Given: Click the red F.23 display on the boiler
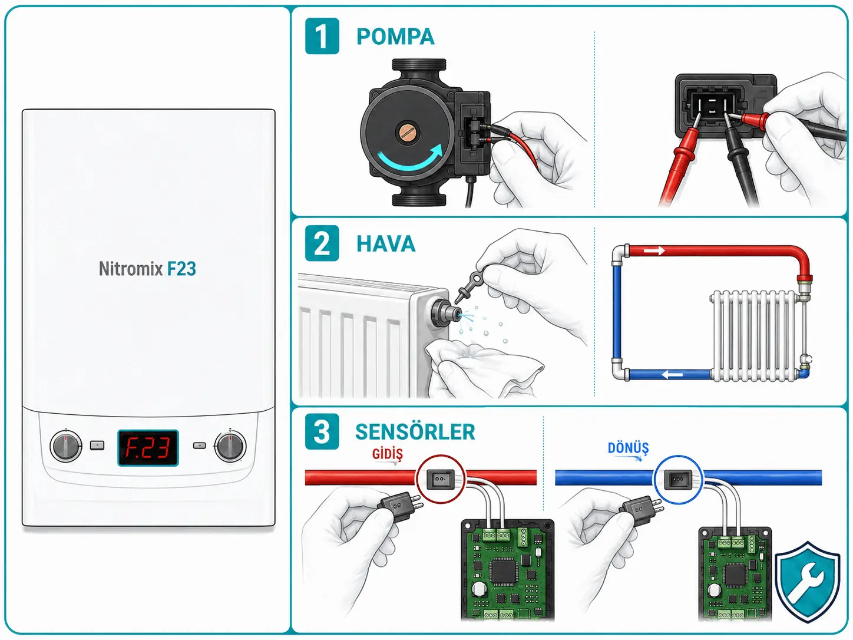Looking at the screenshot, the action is pos(148,448).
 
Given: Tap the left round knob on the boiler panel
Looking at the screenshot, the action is pos(65,446).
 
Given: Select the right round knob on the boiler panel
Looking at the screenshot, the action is pos(230,446).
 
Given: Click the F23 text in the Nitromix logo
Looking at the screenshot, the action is pos(181,269).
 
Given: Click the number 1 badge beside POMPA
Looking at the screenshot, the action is pos(322,36).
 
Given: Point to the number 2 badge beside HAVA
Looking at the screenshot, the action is pos(322,243).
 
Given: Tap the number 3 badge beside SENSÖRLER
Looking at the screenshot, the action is pos(322,431).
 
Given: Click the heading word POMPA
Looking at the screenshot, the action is pos(395,37).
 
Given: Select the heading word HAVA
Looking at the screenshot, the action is pos(386,244).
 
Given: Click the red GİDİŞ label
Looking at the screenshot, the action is pos(388,454).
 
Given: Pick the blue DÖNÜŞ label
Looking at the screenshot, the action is pos(628,448).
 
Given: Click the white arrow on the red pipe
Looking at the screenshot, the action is pos(654,250).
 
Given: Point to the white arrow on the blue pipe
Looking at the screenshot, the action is pos(672,375).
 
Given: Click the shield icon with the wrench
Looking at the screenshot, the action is pos(808,581).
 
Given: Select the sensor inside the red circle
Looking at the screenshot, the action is pos(440,480).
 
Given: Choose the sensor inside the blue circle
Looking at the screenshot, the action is pos(677,480).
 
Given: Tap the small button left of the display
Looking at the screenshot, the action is pos(97,446).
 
